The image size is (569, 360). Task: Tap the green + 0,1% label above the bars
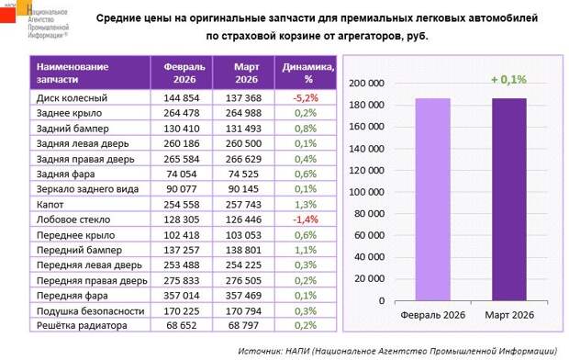tap(508, 80)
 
